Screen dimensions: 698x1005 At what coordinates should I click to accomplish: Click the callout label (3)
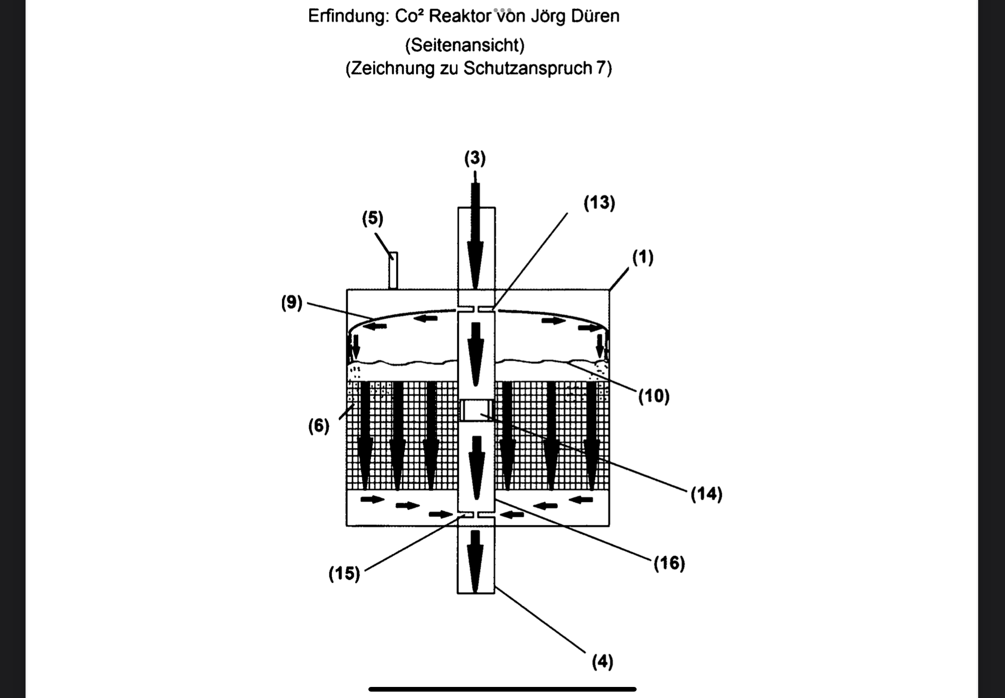pos(475,158)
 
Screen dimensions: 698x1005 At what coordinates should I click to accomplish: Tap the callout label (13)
pos(599,203)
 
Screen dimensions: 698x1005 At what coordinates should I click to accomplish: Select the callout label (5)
pos(372,218)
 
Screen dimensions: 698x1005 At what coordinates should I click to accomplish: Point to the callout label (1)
pos(643,257)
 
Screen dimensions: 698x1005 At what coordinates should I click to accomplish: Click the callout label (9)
pos(291,303)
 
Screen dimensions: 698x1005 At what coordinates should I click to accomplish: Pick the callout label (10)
pos(654,396)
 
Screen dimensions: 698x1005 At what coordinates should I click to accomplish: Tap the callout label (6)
pos(319,426)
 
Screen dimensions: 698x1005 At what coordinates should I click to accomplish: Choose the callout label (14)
pos(706,494)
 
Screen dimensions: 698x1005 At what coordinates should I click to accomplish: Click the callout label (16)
pos(669,564)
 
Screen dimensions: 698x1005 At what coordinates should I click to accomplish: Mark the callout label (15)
pos(345,574)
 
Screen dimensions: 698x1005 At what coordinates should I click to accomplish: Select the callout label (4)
pos(603,662)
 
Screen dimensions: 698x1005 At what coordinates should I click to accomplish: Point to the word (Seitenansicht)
pos(465,45)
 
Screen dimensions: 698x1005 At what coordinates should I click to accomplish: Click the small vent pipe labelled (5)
pos(393,270)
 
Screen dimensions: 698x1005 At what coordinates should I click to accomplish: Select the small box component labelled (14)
pos(476,411)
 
